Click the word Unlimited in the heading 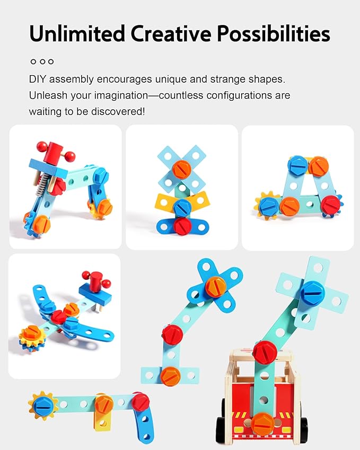(77, 33)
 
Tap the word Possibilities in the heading (273, 33)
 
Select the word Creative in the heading (171, 33)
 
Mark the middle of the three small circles (42, 61)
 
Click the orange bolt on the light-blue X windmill (182, 169)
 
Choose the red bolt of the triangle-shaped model (331, 205)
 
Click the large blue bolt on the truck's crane (312, 293)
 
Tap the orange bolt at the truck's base (262, 424)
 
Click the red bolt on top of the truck (265, 352)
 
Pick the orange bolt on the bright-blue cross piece (215, 286)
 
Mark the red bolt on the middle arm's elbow (172, 334)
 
